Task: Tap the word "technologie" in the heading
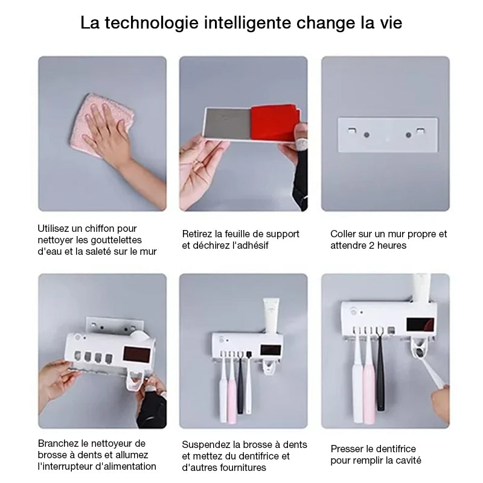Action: [x=150, y=24]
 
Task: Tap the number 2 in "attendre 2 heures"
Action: [x=376, y=246]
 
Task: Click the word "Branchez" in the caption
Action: [x=59, y=443]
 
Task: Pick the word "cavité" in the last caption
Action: [x=408, y=461]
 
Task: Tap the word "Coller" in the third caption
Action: [x=344, y=234]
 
